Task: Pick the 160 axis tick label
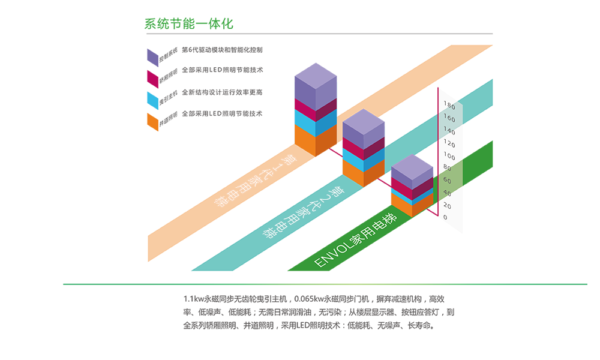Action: pos(449,118)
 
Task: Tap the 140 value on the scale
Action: pos(449,130)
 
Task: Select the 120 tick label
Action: pos(449,144)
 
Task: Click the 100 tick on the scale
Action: pos(449,157)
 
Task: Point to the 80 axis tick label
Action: pos(447,167)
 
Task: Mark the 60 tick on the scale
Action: pos(447,180)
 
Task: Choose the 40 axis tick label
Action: pos(447,193)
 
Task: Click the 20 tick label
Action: pos(447,206)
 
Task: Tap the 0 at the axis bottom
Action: pos(445,218)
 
